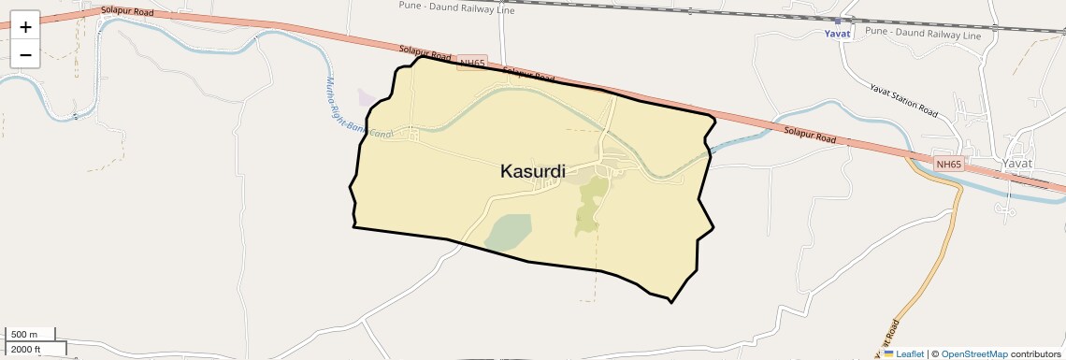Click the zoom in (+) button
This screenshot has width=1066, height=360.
25,26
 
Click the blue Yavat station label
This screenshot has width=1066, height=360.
837,34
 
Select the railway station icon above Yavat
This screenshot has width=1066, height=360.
838,20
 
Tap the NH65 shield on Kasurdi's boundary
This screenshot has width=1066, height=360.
471,64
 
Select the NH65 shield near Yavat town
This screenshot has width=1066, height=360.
948,165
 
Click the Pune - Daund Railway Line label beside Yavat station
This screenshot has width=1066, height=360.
923,35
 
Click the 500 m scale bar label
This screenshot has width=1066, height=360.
24,334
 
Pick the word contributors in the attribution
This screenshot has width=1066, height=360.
1035,353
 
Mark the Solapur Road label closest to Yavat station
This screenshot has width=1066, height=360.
810,136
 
